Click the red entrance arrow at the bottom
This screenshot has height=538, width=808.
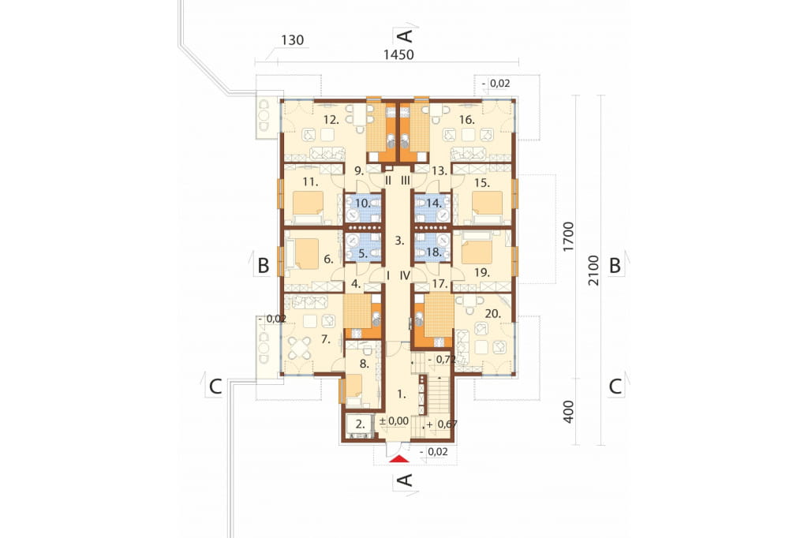(x=398, y=459)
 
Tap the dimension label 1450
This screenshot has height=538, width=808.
(x=398, y=54)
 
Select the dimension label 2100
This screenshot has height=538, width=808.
(x=593, y=271)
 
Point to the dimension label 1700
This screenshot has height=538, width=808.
(x=568, y=237)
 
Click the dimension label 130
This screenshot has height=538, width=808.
(x=292, y=39)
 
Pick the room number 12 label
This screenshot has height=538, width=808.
(x=331, y=120)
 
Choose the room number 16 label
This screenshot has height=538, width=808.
(x=466, y=120)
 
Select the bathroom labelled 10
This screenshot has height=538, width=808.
(x=363, y=208)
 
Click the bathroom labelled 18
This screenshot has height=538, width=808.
(x=433, y=248)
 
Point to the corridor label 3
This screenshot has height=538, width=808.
(x=399, y=240)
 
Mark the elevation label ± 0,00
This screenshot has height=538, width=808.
(x=394, y=421)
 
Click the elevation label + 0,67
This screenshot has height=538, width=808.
(x=442, y=424)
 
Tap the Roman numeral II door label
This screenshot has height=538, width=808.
(x=388, y=181)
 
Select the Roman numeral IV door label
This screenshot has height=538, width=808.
(x=405, y=275)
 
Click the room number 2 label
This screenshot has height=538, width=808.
(x=361, y=425)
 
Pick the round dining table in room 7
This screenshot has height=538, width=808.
(x=299, y=348)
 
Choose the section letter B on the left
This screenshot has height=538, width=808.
(x=264, y=266)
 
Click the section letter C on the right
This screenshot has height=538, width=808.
(x=615, y=387)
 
